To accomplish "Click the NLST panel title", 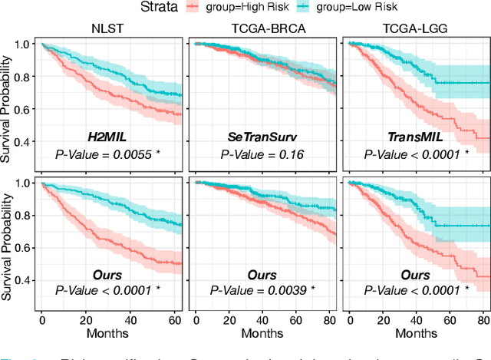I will tap(107, 29).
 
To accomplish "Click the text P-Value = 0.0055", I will tap(107, 154).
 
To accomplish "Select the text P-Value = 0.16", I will tap(262, 154).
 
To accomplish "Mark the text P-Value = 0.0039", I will tap(262, 290).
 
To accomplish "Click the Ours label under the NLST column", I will tap(107, 274).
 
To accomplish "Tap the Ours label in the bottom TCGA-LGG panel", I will tap(415, 274).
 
